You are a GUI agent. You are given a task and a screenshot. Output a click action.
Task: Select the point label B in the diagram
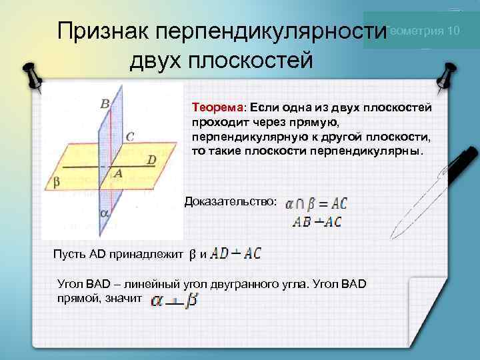click(105, 103)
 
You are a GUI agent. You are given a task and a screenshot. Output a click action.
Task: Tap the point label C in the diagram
click(129, 137)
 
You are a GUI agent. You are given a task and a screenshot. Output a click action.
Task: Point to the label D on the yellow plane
click(151, 160)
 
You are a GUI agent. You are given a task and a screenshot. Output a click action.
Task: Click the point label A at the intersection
click(117, 173)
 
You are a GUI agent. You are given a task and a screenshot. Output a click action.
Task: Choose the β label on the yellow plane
click(57, 181)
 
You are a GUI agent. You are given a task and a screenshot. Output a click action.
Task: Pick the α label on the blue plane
click(103, 214)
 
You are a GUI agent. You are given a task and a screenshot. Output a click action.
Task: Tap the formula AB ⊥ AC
click(317, 222)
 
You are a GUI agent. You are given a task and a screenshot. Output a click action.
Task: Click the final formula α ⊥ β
click(173, 301)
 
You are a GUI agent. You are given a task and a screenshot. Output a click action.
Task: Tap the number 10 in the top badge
click(453, 31)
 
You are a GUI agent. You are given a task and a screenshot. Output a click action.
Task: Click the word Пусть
click(67, 254)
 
